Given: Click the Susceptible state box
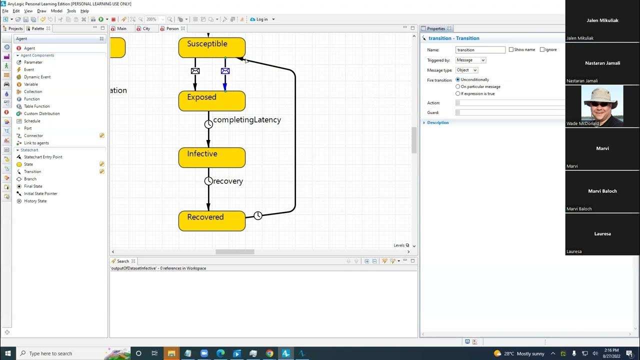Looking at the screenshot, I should pyautogui.click(x=211, y=47).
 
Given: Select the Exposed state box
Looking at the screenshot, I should pyautogui.click(x=211, y=100).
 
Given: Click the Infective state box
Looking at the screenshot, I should pyautogui.click(x=211, y=157).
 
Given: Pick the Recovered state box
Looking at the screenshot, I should pyautogui.click(x=211, y=220).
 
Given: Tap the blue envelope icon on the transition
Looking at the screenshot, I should pyautogui.click(x=225, y=71).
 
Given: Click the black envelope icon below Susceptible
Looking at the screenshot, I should pyautogui.click(x=195, y=71).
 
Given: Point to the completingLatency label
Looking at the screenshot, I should pyautogui.click(x=247, y=120).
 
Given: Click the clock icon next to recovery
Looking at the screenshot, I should pyautogui.click(x=208, y=181).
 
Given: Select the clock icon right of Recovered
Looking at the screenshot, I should pyautogui.click(x=258, y=215).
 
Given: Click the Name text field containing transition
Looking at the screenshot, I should pyautogui.click(x=480, y=50).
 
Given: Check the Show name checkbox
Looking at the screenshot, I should pyautogui.click(x=511, y=49).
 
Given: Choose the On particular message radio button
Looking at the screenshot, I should pyautogui.click(x=457, y=86).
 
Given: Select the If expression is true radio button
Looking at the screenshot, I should pyautogui.click(x=457, y=93).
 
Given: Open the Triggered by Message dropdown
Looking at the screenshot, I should pyautogui.click(x=470, y=60).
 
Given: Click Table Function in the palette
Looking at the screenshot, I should pyautogui.click(x=36, y=106).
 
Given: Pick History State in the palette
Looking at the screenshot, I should pyautogui.click(x=35, y=201).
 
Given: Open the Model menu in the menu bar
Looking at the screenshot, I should pyautogui.click(x=56, y=11).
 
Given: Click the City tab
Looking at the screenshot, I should pyautogui.click(x=146, y=28).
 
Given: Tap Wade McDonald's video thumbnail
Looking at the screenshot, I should pyautogui.click(x=602, y=105).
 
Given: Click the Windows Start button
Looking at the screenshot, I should pyautogui.click(x=7, y=353).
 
